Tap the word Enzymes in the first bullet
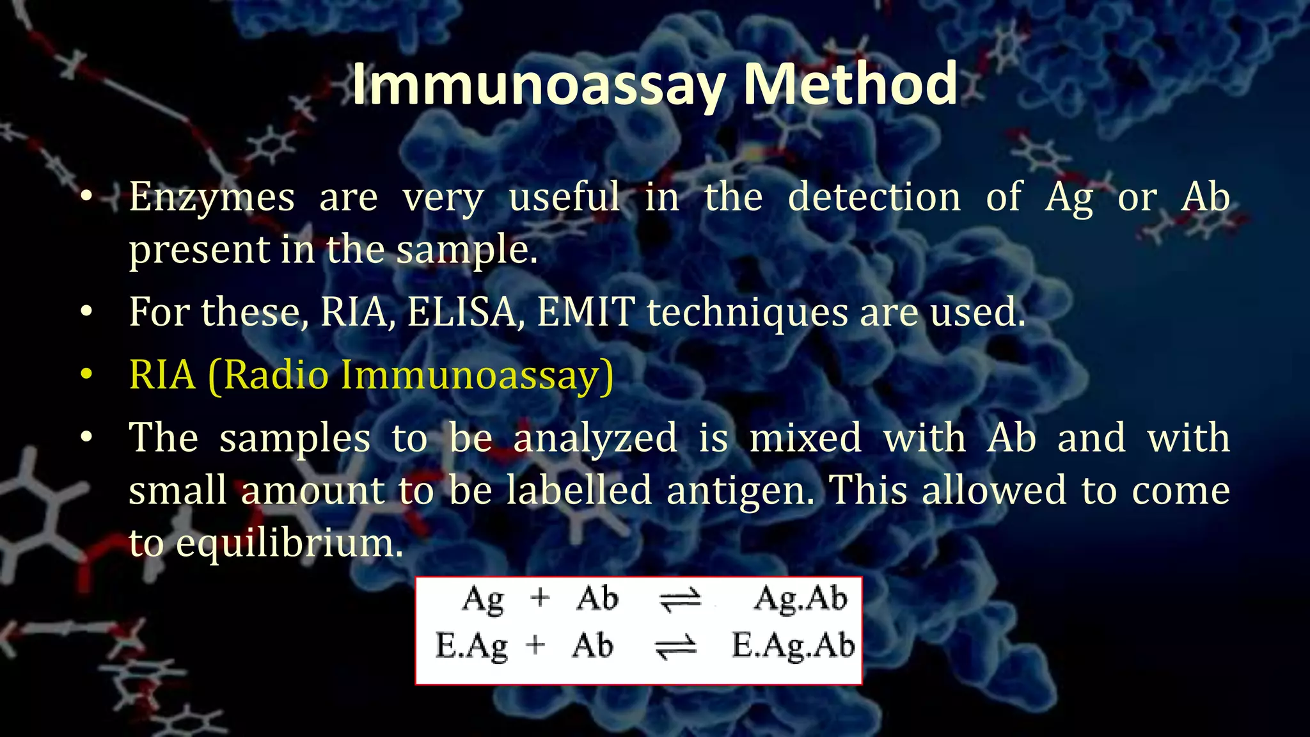(x=212, y=197)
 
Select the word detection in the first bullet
(x=874, y=196)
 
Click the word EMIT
(x=586, y=312)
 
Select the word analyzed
(x=595, y=439)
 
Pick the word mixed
(x=805, y=438)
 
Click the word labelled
(x=579, y=491)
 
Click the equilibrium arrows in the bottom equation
(x=676, y=647)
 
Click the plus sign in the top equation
(x=541, y=598)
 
